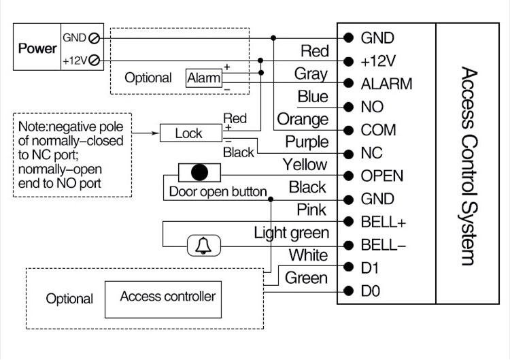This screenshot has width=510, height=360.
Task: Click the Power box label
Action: [37, 48]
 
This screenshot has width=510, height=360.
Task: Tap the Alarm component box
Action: [204, 78]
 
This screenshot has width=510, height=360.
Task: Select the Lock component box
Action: [191, 133]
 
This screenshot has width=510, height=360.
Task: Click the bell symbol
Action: [203, 246]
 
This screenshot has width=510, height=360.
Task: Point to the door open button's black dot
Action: [199, 172]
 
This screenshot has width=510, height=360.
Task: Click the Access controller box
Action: [163, 299]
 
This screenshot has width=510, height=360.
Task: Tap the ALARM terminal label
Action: [386, 84]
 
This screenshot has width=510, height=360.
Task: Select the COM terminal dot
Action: [348, 130]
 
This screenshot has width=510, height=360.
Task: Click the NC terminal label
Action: [371, 153]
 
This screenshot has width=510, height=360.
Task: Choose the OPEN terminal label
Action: [382, 176]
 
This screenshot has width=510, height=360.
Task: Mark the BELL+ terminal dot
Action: [348, 222]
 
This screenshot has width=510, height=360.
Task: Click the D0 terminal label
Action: [370, 291]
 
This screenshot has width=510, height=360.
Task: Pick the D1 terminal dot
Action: [348, 267]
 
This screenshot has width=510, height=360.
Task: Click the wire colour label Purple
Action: [307, 142]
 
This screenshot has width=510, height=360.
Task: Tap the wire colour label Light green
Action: [292, 233]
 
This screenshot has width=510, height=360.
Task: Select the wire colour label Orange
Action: [303, 120]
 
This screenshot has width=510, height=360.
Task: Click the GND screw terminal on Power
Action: [94, 38]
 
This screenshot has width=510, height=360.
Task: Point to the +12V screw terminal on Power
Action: [94, 61]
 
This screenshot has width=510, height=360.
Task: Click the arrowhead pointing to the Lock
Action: [155, 133]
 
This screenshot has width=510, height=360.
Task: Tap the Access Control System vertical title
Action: [469, 166]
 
